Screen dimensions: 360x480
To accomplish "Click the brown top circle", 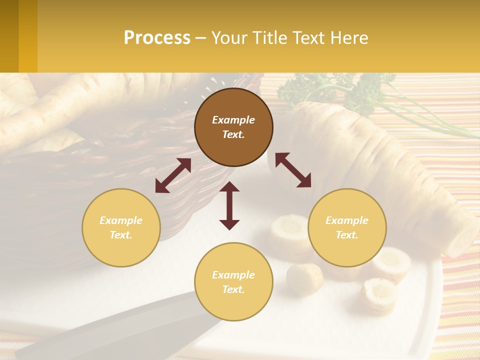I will pyautogui.click(x=233, y=127).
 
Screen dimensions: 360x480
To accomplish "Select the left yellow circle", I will pyautogui.click(x=121, y=227).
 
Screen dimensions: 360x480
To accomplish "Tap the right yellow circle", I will pyautogui.click(x=347, y=227).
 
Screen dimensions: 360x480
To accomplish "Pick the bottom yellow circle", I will pyautogui.click(x=233, y=281).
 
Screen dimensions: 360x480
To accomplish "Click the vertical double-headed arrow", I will pyautogui.click(x=229, y=205).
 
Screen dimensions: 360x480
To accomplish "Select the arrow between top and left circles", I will pyautogui.click(x=173, y=175).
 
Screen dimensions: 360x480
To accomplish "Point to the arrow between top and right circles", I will pyautogui.click(x=293, y=170).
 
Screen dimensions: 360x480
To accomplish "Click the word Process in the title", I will pyautogui.click(x=157, y=37).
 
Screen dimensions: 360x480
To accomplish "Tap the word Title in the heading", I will pyautogui.click(x=269, y=37).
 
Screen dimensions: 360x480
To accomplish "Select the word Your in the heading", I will pyautogui.click(x=230, y=37).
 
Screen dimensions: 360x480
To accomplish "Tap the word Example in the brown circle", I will pyautogui.click(x=233, y=120).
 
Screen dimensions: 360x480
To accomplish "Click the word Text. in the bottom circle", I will pyautogui.click(x=233, y=289).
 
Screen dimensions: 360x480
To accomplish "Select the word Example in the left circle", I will pyautogui.click(x=121, y=220).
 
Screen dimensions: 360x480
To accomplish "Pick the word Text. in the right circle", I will pyautogui.click(x=347, y=235).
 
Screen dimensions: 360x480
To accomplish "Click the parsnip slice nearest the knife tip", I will pyautogui.click(x=304, y=277).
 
